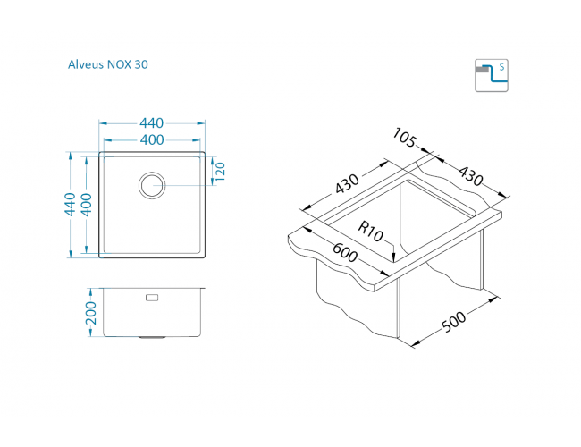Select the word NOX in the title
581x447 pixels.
click(x=119, y=64)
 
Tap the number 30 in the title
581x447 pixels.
click(x=141, y=64)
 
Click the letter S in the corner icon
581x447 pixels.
click(x=501, y=67)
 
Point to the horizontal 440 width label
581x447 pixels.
click(x=152, y=123)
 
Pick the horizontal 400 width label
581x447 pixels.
click(x=152, y=139)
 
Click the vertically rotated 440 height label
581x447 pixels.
click(x=70, y=204)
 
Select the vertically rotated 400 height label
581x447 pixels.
click(x=86, y=205)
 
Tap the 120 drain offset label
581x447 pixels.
click(x=220, y=172)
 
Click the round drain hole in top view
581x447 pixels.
click(x=152, y=185)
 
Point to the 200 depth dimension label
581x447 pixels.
click(x=91, y=313)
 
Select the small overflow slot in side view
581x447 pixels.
click(x=152, y=298)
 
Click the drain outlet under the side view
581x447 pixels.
click(x=152, y=337)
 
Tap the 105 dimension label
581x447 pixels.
click(x=405, y=138)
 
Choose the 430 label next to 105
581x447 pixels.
click(x=470, y=176)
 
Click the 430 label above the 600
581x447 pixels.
click(x=347, y=183)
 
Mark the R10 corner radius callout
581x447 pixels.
click(x=370, y=232)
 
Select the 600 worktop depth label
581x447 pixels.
click(x=345, y=252)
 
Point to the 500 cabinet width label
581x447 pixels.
click(x=454, y=322)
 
